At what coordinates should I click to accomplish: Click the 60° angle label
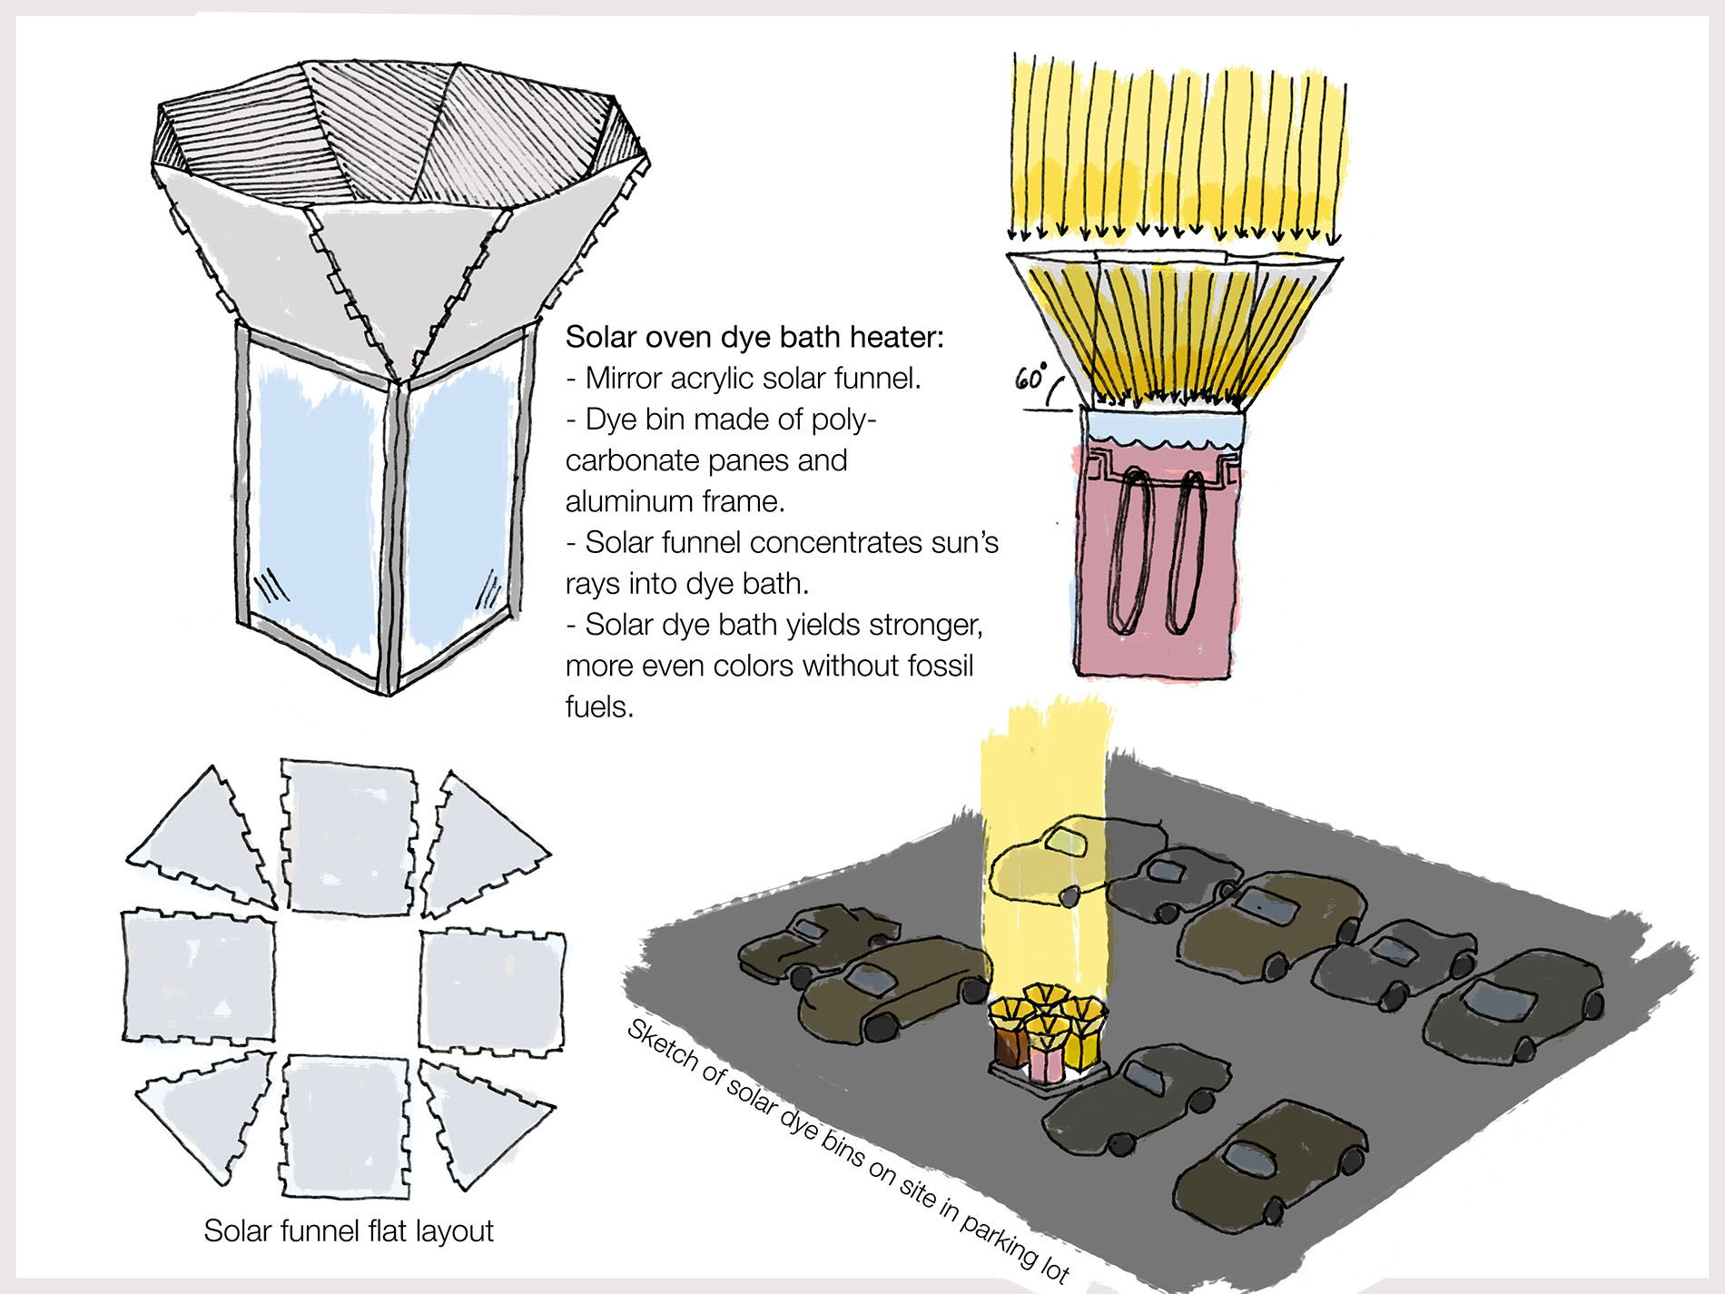pyautogui.click(x=1031, y=377)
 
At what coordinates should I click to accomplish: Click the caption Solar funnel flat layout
pyautogui.click(x=348, y=1230)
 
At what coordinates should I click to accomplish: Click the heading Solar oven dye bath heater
pyautogui.click(x=754, y=337)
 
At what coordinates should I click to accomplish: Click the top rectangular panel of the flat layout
pyautogui.click(x=349, y=835)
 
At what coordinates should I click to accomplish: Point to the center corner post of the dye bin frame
pyautogui.click(x=392, y=536)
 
